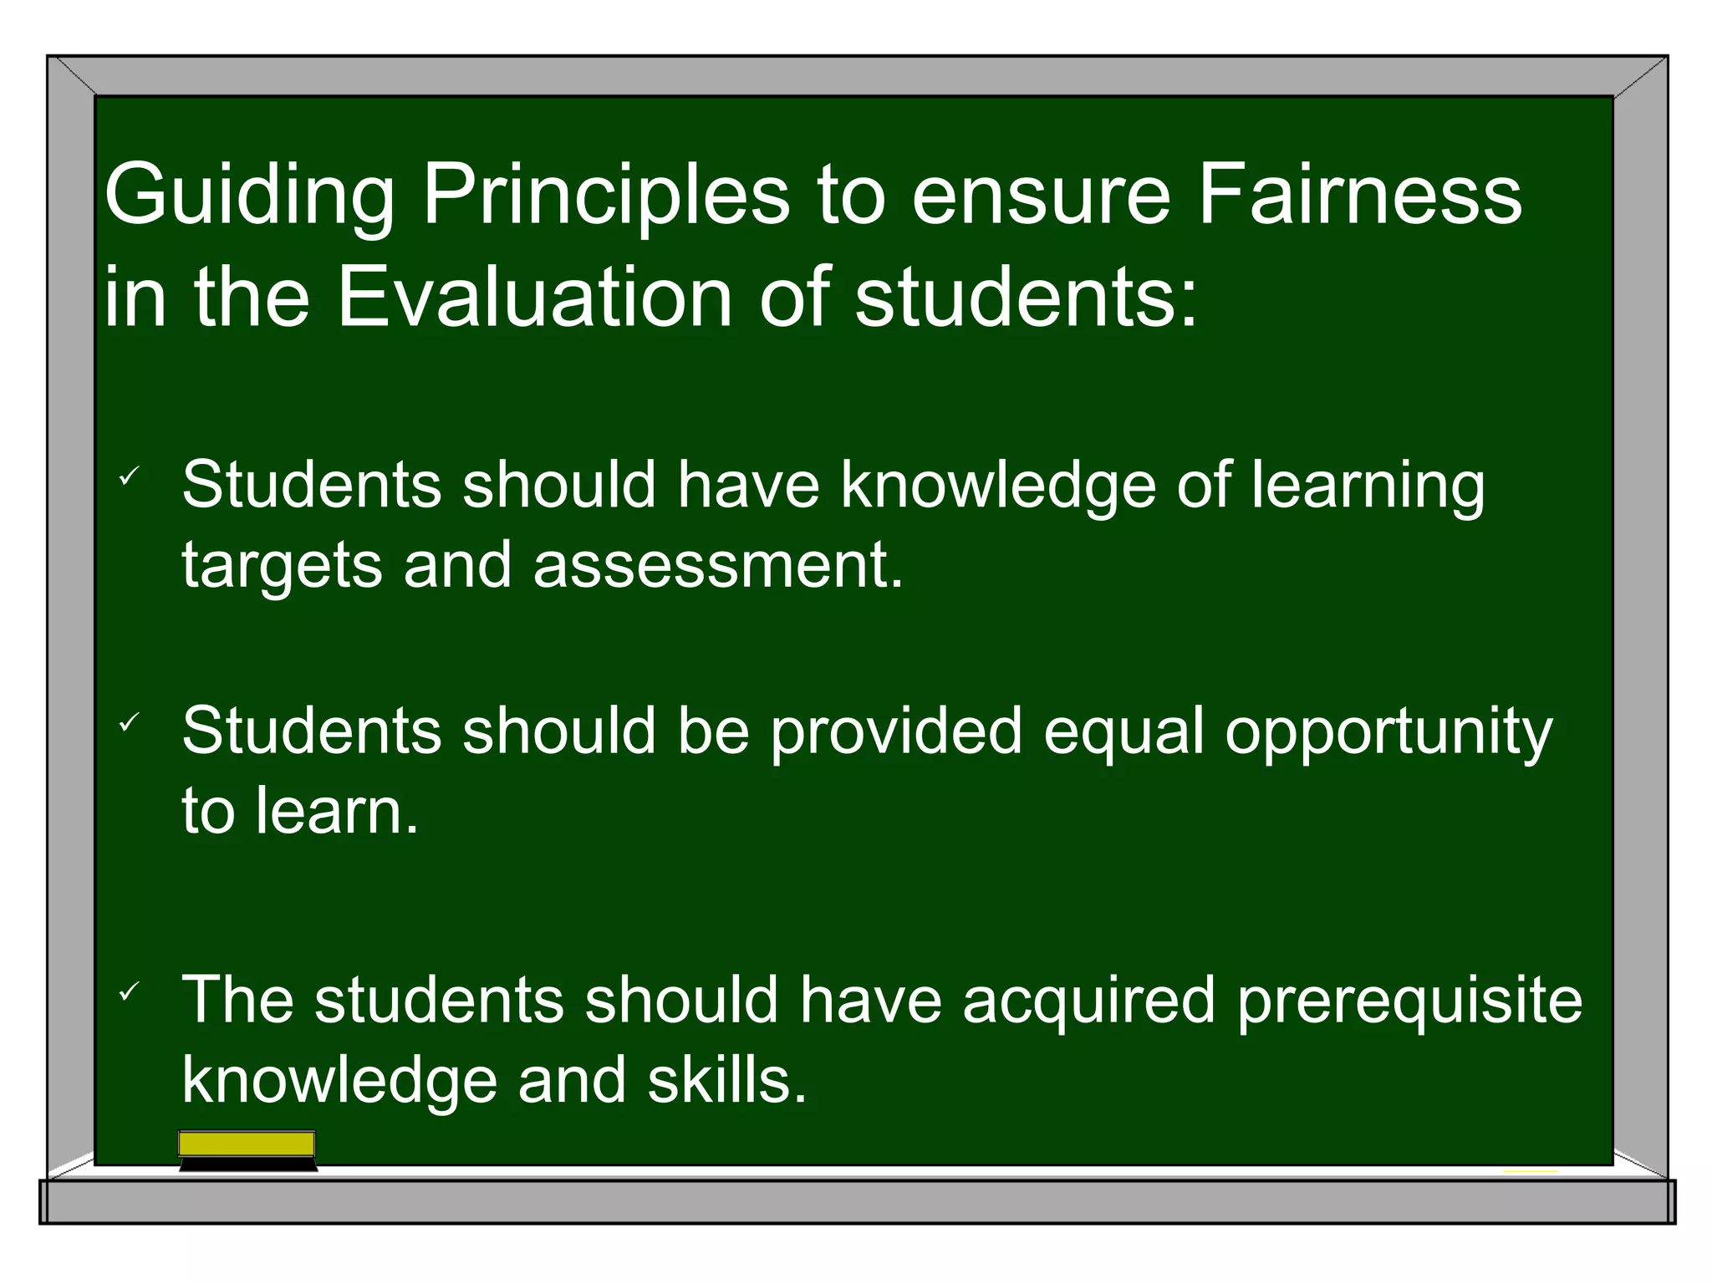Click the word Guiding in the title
[248, 197]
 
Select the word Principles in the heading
[605, 197]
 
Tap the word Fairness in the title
[1360, 196]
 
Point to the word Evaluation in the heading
[535, 298]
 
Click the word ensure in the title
[1040, 197]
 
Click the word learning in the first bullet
[1368, 487]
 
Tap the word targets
[282, 567]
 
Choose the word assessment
[718, 565]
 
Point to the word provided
[895, 732]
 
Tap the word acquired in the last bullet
[1088, 1001]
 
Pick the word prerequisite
[1410, 1001]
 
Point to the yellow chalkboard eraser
[247, 1149]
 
